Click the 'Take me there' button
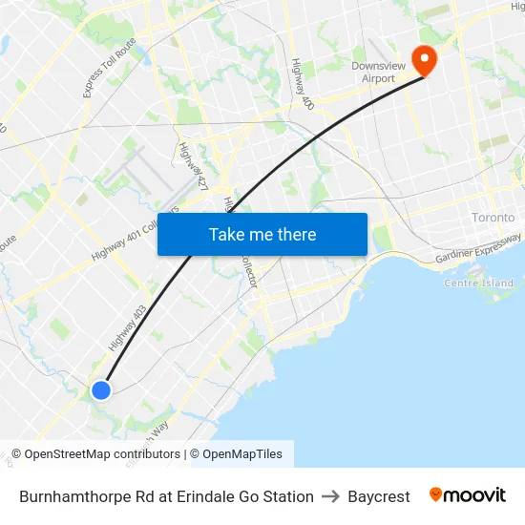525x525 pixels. (x=262, y=234)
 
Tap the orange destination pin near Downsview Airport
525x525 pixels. (x=421, y=59)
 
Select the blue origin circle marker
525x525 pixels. (x=100, y=389)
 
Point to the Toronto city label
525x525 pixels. (x=493, y=218)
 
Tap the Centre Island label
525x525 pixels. (x=478, y=283)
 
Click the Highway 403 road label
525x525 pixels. (x=127, y=327)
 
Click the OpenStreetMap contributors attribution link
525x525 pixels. (x=101, y=454)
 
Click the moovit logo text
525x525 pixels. (x=475, y=495)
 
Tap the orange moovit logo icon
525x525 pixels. (x=436, y=494)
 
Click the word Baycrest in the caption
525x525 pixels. (x=379, y=496)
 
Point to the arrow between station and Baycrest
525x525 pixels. (x=330, y=496)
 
